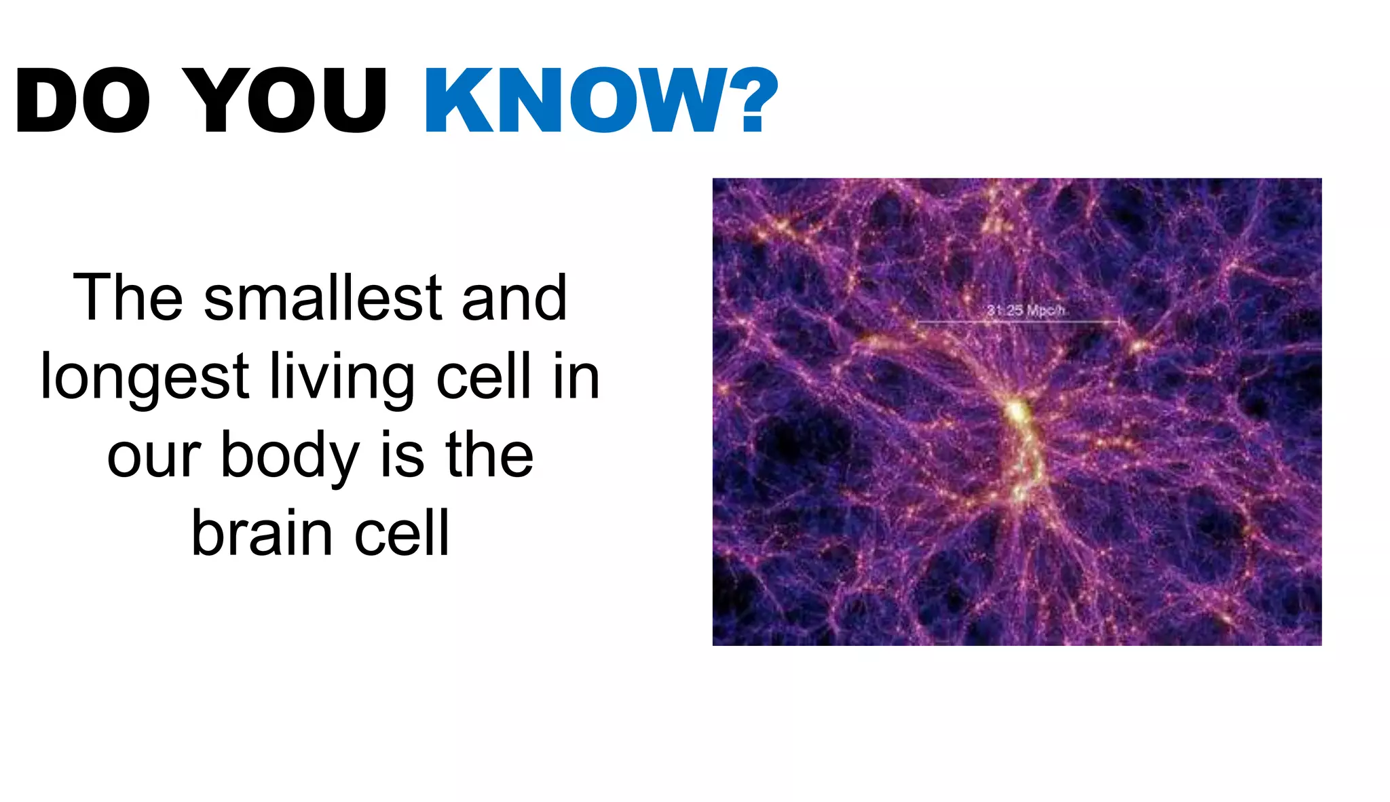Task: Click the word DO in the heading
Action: pos(82,100)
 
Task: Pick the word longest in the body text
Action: pos(145,378)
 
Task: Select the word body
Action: pos(290,456)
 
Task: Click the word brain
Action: pos(263,534)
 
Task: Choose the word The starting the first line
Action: pos(128,299)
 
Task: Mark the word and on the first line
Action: pos(514,299)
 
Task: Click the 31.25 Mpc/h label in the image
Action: pos(1026,311)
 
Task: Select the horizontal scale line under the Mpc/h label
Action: pos(1018,322)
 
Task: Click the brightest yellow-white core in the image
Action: pos(1016,410)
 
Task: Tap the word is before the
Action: pos(402,456)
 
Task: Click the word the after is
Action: pos(489,456)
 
